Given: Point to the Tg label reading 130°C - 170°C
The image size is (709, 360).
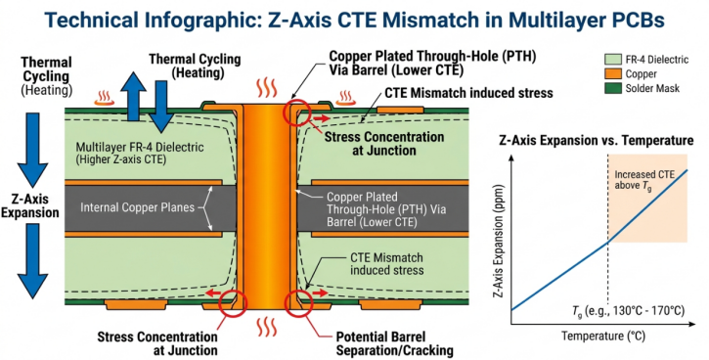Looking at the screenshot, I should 627,310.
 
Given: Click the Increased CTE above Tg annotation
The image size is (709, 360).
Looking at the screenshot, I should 645,182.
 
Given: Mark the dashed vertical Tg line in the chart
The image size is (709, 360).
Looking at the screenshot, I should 607,274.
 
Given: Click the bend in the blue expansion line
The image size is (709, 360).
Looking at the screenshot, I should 607,241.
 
